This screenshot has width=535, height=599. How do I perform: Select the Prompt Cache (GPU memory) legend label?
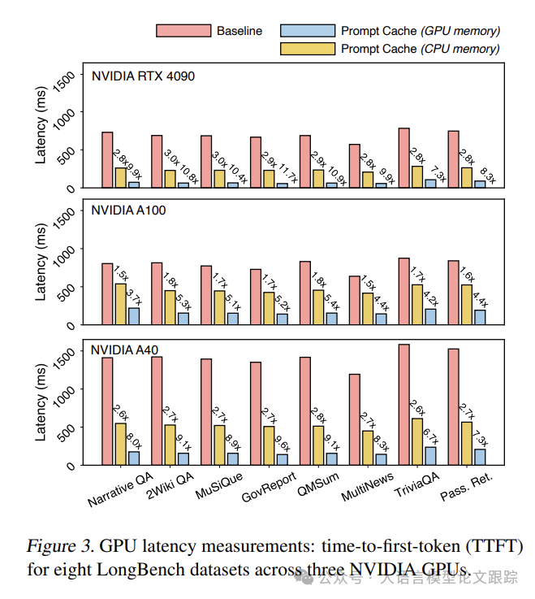pos(421,31)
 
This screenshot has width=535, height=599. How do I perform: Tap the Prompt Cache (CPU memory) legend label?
pos(420,49)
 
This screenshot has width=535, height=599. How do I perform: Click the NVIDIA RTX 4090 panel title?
pos(143,76)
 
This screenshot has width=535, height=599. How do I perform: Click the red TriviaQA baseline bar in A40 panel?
pos(403,404)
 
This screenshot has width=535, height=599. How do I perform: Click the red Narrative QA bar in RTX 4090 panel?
pos(107,159)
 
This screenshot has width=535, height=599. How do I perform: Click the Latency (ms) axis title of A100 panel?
pos(41,263)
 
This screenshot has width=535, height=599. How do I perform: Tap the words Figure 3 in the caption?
pos(57,545)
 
